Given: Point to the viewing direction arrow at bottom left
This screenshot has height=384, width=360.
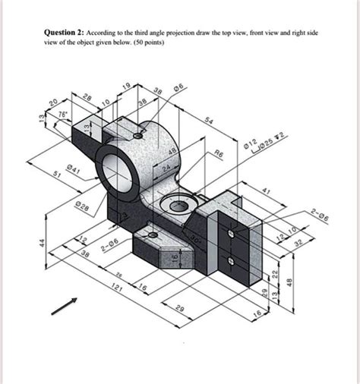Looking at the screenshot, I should coord(65,307).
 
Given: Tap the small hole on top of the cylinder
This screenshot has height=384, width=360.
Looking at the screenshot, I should coord(137,137).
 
